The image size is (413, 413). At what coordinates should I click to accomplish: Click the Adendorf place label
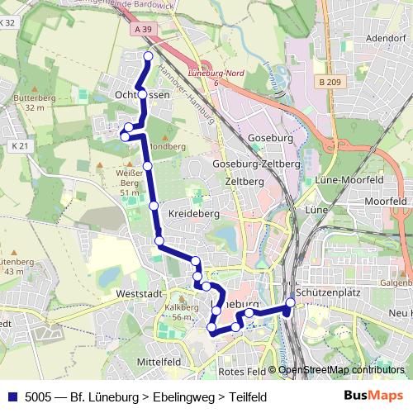385,38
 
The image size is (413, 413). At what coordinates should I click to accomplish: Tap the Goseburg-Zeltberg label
256,164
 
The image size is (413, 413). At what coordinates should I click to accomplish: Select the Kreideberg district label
192,213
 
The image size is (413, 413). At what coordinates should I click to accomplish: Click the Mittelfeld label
159,362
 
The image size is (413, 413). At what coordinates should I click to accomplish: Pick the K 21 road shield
19,146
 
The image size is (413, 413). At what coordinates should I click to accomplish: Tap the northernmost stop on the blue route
148,56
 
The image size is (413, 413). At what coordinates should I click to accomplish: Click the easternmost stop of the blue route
291,302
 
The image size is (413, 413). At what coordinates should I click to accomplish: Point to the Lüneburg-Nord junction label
207,74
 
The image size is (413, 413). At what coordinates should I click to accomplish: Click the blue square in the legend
12,396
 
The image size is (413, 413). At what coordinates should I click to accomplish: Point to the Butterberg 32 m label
34,102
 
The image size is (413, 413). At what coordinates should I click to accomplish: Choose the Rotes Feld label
244,371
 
